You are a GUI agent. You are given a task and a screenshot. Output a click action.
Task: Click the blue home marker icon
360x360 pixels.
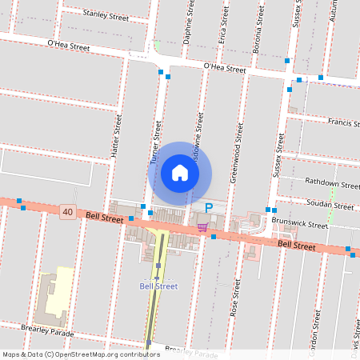[x=180, y=173]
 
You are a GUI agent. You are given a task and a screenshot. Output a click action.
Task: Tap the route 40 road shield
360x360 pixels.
[x=66, y=211]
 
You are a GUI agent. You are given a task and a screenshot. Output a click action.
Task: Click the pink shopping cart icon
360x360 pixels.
[x=203, y=227]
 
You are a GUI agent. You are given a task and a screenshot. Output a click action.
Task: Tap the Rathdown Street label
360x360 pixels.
[x=334, y=185]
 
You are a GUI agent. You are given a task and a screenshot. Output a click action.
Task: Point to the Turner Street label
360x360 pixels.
[x=156, y=142]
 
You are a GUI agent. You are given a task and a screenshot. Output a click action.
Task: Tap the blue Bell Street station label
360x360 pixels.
[x=158, y=286]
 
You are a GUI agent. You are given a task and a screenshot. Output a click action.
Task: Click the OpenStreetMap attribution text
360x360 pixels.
[x=70, y=354]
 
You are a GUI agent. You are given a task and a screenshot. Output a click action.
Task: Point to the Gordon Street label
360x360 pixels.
[x=317, y=324]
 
